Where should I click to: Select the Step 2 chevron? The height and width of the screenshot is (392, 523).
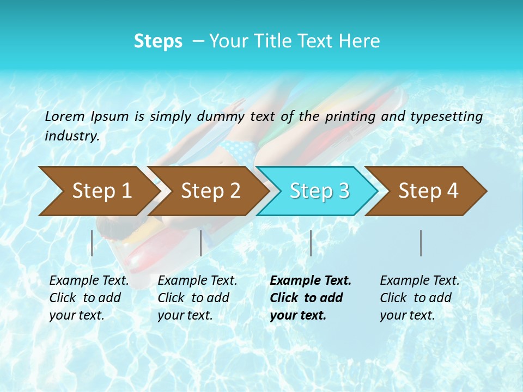(210, 191)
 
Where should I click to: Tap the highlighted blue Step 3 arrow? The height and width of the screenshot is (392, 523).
(319, 191)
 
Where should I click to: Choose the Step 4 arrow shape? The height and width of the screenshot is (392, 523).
(428, 191)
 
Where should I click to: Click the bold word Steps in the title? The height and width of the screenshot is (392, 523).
(158, 41)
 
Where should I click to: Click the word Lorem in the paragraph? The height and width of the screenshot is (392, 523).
(65, 116)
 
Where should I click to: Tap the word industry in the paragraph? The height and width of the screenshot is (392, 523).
(71, 136)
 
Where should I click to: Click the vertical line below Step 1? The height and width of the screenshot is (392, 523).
(92, 243)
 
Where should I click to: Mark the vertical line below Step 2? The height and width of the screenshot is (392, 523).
(201, 243)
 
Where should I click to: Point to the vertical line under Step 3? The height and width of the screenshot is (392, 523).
(311, 243)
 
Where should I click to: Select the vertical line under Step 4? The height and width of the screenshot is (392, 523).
(421, 243)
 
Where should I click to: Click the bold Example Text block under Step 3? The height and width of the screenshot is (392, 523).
(311, 298)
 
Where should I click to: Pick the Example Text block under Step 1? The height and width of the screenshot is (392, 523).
(89, 298)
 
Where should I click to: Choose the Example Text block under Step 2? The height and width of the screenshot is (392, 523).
(197, 298)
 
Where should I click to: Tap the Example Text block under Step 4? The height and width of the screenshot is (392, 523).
(419, 298)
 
